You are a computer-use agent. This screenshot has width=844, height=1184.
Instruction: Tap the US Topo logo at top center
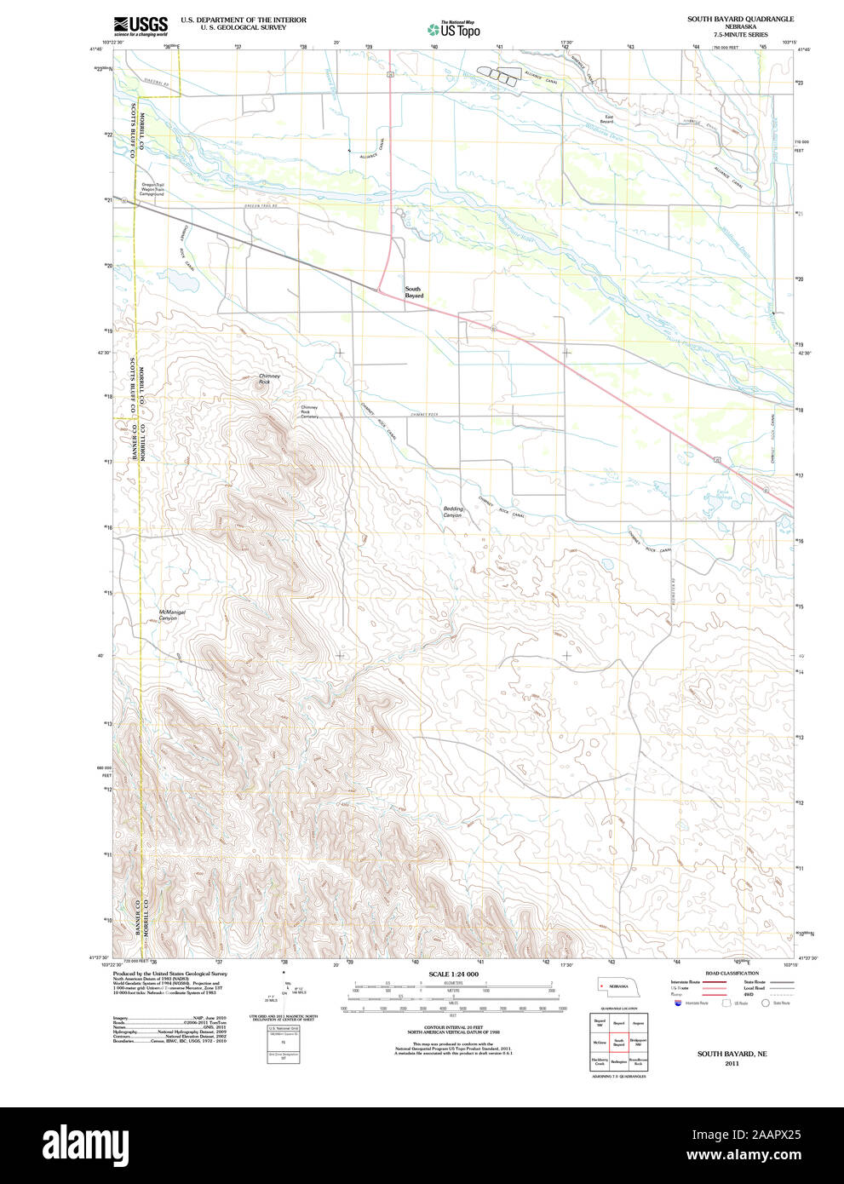(x=454, y=29)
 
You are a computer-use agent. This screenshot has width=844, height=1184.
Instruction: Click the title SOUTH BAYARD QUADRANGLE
(x=740, y=19)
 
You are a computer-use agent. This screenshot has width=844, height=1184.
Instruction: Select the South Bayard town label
(x=413, y=292)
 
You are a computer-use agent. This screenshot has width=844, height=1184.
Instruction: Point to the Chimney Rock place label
(x=269, y=379)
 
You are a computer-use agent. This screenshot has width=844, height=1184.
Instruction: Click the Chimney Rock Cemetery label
(x=309, y=411)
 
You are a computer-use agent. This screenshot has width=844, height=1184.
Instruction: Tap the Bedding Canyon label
(x=452, y=512)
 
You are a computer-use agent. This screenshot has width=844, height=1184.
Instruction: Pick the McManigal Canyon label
(x=171, y=615)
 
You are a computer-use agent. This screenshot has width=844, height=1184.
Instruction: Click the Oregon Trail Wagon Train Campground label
(x=152, y=189)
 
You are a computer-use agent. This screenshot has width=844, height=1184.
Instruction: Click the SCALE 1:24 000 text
(x=453, y=974)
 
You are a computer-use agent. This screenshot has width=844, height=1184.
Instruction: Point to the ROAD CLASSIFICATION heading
(x=732, y=973)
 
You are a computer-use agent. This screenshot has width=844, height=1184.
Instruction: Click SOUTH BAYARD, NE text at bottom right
(x=732, y=1054)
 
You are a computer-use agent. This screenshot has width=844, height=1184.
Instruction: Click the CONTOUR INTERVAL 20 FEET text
(x=453, y=1027)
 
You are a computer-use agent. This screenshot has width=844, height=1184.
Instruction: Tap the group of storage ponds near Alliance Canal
(x=497, y=76)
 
